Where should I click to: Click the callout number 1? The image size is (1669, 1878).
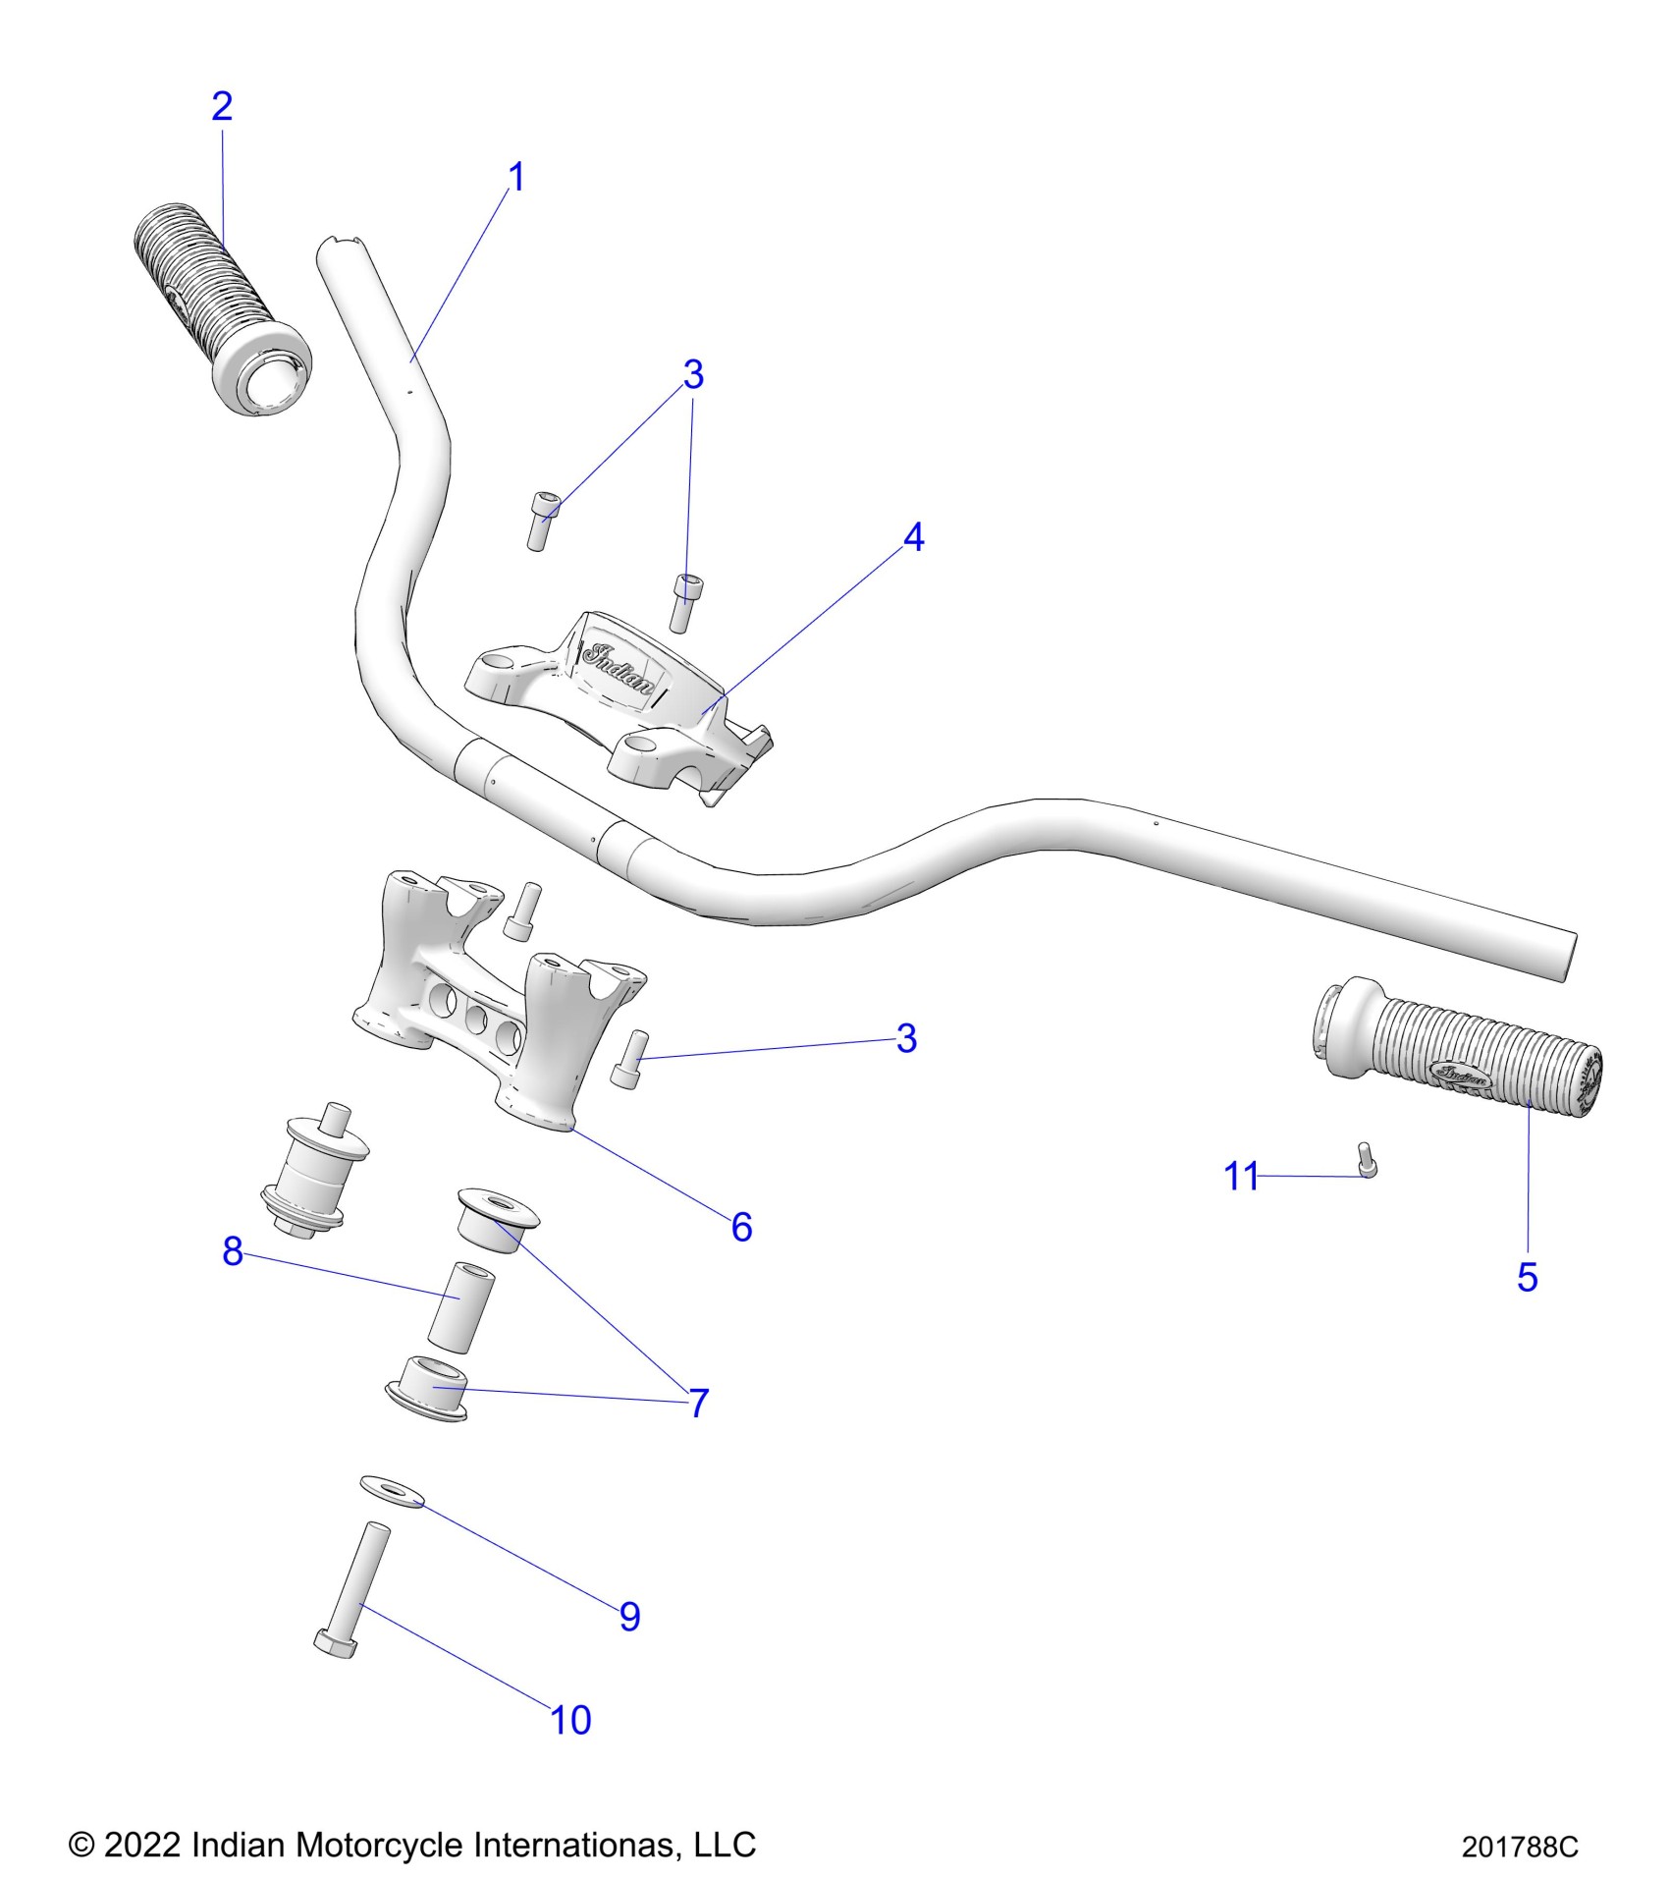[x=516, y=178]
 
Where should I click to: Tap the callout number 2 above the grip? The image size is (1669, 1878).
[x=222, y=106]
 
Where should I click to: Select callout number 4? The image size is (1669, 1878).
[x=913, y=537]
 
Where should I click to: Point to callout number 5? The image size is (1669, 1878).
[x=1527, y=1278]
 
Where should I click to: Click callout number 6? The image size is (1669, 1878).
[x=741, y=1227]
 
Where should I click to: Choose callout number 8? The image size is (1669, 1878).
[x=233, y=1250]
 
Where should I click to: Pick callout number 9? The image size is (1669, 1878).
[x=629, y=1616]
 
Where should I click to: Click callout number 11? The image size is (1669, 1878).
[x=1240, y=1176]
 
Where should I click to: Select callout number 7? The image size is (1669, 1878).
[x=698, y=1403]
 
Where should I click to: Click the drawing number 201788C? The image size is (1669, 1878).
[x=1520, y=1848]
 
